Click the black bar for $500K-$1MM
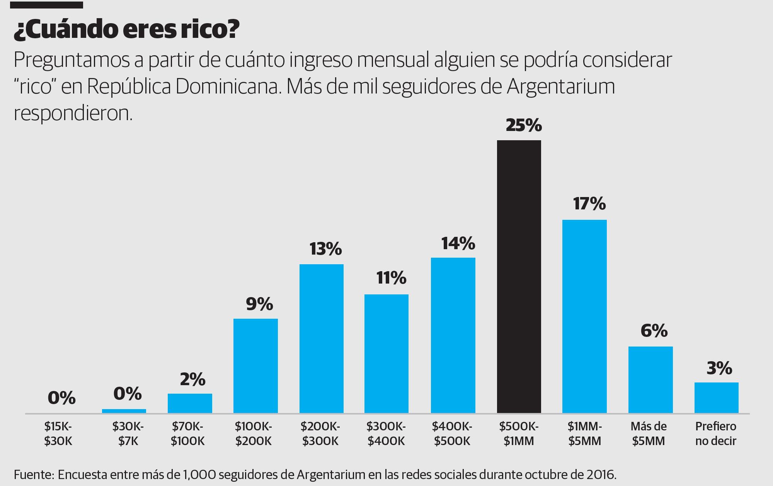coord(519,276)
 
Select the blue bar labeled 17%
coord(584,316)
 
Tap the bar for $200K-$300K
coord(321,338)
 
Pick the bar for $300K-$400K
coord(386,353)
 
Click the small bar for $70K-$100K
coord(190,403)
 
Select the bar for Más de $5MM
coord(650,379)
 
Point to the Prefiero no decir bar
coord(716,398)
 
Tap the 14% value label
coord(458,243)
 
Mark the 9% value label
coord(259,304)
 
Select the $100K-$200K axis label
coord(254,433)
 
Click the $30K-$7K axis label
coord(128,433)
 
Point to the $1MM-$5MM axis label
coord(585,433)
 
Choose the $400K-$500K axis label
coord(452,433)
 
